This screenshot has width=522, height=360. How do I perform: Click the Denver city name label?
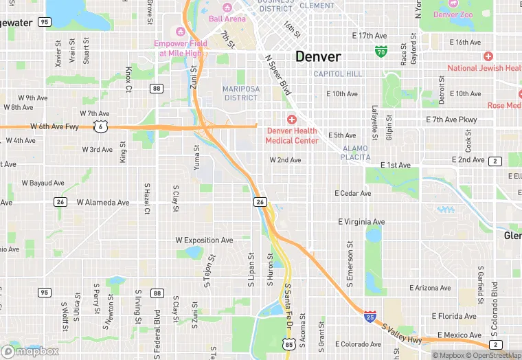pyautogui.click(x=318, y=56)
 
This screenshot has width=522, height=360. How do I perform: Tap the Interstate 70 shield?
pyautogui.click(x=381, y=51)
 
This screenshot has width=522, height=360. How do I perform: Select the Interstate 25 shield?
pyautogui.click(x=370, y=317)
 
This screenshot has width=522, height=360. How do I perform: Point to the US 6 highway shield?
pyautogui.click(x=101, y=126)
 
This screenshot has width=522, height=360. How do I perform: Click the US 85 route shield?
pyautogui.click(x=287, y=342)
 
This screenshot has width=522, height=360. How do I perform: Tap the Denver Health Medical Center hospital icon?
pyautogui.click(x=291, y=120)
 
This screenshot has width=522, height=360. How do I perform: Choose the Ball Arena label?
pyautogui.click(x=227, y=19)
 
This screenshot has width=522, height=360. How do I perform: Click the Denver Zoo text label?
pyautogui.click(x=455, y=14)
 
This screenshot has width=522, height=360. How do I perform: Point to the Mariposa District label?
pyautogui.click(x=240, y=93)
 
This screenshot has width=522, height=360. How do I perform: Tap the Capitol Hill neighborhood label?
pyautogui.click(x=337, y=74)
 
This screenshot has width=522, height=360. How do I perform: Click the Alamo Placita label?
pyautogui.click(x=355, y=153)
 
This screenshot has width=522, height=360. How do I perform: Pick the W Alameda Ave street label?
pyautogui.click(x=103, y=203)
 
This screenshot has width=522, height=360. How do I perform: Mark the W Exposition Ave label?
pyautogui.click(x=205, y=240)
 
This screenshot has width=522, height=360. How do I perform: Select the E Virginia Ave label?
pyautogui.click(x=361, y=222)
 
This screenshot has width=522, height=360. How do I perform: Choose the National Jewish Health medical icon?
pyautogui.click(x=488, y=56)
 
